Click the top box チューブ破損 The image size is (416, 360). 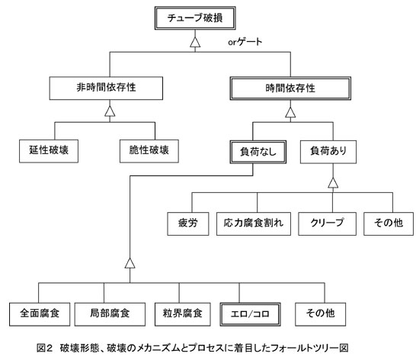(195, 18)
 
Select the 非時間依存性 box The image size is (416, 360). (106, 88)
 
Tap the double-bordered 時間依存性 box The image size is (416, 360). (290, 88)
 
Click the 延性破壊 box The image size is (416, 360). (49, 151)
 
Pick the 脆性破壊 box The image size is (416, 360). (149, 151)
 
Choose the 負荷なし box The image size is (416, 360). (258, 152)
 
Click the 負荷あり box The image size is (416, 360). (328, 152)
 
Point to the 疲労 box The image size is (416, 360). (188, 223)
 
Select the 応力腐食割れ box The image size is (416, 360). (254, 223)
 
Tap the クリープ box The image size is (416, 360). (327, 223)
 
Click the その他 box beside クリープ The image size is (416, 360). (389, 223)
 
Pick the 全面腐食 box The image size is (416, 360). (40, 314)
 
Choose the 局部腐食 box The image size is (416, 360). (110, 314)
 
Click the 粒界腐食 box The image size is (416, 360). (183, 314)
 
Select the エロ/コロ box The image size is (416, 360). (250, 314)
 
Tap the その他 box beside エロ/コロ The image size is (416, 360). (320, 314)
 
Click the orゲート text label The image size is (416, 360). (245, 42)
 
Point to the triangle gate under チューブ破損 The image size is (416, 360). (195, 42)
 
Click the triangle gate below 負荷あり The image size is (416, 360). (333, 183)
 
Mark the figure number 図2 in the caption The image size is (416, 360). (45, 348)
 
